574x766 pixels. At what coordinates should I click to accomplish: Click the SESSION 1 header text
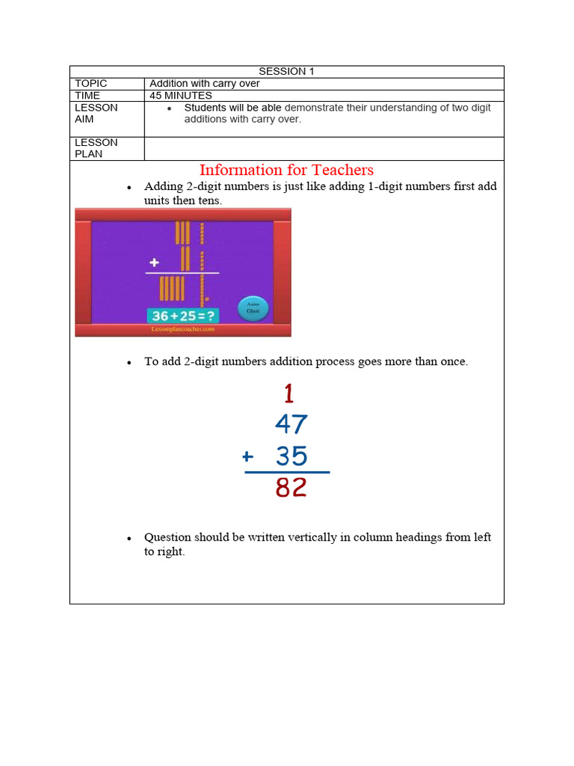coord(286,71)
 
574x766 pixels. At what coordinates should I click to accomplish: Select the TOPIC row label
coord(91,84)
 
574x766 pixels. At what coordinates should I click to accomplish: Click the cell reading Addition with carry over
coord(205,84)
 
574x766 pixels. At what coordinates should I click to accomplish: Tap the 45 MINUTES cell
coord(181,96)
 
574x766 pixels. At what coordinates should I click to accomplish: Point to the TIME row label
coord(87,96)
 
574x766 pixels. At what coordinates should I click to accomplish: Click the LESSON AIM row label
coord(96,113)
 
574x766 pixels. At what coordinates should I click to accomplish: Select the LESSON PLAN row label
coord(96,148)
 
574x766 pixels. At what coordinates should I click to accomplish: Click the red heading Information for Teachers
coord(286,170)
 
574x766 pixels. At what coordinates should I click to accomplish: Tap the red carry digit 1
coord(288,393)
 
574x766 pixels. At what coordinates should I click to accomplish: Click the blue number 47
coord(291,425)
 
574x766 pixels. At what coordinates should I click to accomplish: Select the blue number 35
coord(291,456)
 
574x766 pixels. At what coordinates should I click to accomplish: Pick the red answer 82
coord(291,488)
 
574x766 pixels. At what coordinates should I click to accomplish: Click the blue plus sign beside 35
coord(248,456)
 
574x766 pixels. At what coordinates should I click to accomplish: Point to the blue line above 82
coord(287,473)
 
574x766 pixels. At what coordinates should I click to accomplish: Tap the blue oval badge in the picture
coord(253,309)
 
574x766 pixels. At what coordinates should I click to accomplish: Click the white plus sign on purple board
coord(155,263)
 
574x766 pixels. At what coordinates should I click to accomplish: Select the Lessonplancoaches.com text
coord(183,328)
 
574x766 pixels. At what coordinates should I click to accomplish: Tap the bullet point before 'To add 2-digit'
coord(129,363)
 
